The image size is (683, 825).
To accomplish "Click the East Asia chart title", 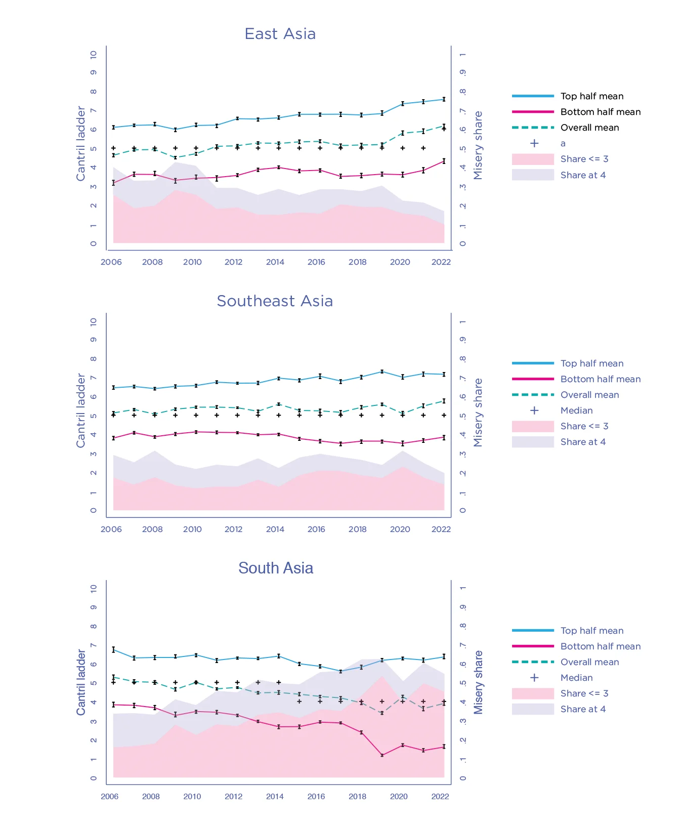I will tap(280, 34).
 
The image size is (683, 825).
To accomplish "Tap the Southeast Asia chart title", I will tap(275, 301).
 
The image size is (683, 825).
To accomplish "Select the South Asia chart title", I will tap(276, 568).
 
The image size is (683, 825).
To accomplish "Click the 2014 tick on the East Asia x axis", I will tap(275, 262).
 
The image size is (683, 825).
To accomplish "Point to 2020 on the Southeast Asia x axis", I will tap(400, 529).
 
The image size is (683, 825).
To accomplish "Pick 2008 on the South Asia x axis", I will tap(151, 797).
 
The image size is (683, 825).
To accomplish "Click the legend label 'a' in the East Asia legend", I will tap(563, 144).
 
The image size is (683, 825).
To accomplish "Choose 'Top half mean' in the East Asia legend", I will tap(591, 96).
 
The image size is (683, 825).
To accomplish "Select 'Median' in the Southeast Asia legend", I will tap(576, 410).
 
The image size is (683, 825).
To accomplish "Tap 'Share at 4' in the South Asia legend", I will tap(583, 709).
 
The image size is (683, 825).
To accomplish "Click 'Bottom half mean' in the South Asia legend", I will tap(600, 646).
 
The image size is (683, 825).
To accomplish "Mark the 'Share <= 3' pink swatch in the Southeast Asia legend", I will tap(533, 426).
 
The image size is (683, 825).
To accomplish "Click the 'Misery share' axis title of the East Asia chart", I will tap(478, 145).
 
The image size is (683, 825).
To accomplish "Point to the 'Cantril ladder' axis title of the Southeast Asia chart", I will tap(81, 410).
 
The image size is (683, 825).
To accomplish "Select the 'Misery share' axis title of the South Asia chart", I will tap(478, 682).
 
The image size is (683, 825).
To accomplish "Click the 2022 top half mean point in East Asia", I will tap(444, 99).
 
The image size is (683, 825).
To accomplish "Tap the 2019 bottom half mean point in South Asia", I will tap(382, 755).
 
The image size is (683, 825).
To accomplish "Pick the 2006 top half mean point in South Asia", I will tap(113, 649).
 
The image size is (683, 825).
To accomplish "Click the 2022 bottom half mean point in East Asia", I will tap(444, 161).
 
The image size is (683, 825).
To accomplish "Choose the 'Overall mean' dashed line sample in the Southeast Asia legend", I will tap(533, 395).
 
